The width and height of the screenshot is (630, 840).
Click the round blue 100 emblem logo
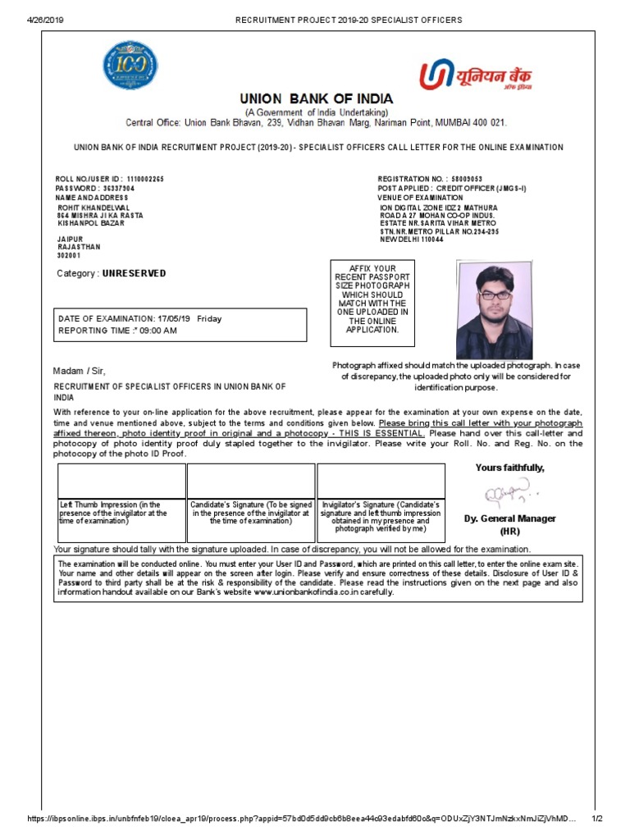click(x=130, y=66)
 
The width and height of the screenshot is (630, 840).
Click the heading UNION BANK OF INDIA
click(x=316, y=99)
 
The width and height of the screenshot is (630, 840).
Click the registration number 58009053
click(x=467, y=179)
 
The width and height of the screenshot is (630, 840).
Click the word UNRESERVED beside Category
click(x=134, y=273)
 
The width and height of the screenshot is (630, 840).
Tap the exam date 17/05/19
click(x=173, y=318)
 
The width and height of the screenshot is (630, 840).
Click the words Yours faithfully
click(x=509, y=468)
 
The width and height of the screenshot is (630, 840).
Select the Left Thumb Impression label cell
click(x=121, y=513)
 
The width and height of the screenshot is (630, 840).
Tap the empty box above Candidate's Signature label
click(x=250, y=480)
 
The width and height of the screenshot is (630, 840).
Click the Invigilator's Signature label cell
click(x=381, y=517)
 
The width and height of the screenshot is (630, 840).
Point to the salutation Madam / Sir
click(x=80, y=371)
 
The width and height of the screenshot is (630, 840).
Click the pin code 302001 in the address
click(x=69, y=256)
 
